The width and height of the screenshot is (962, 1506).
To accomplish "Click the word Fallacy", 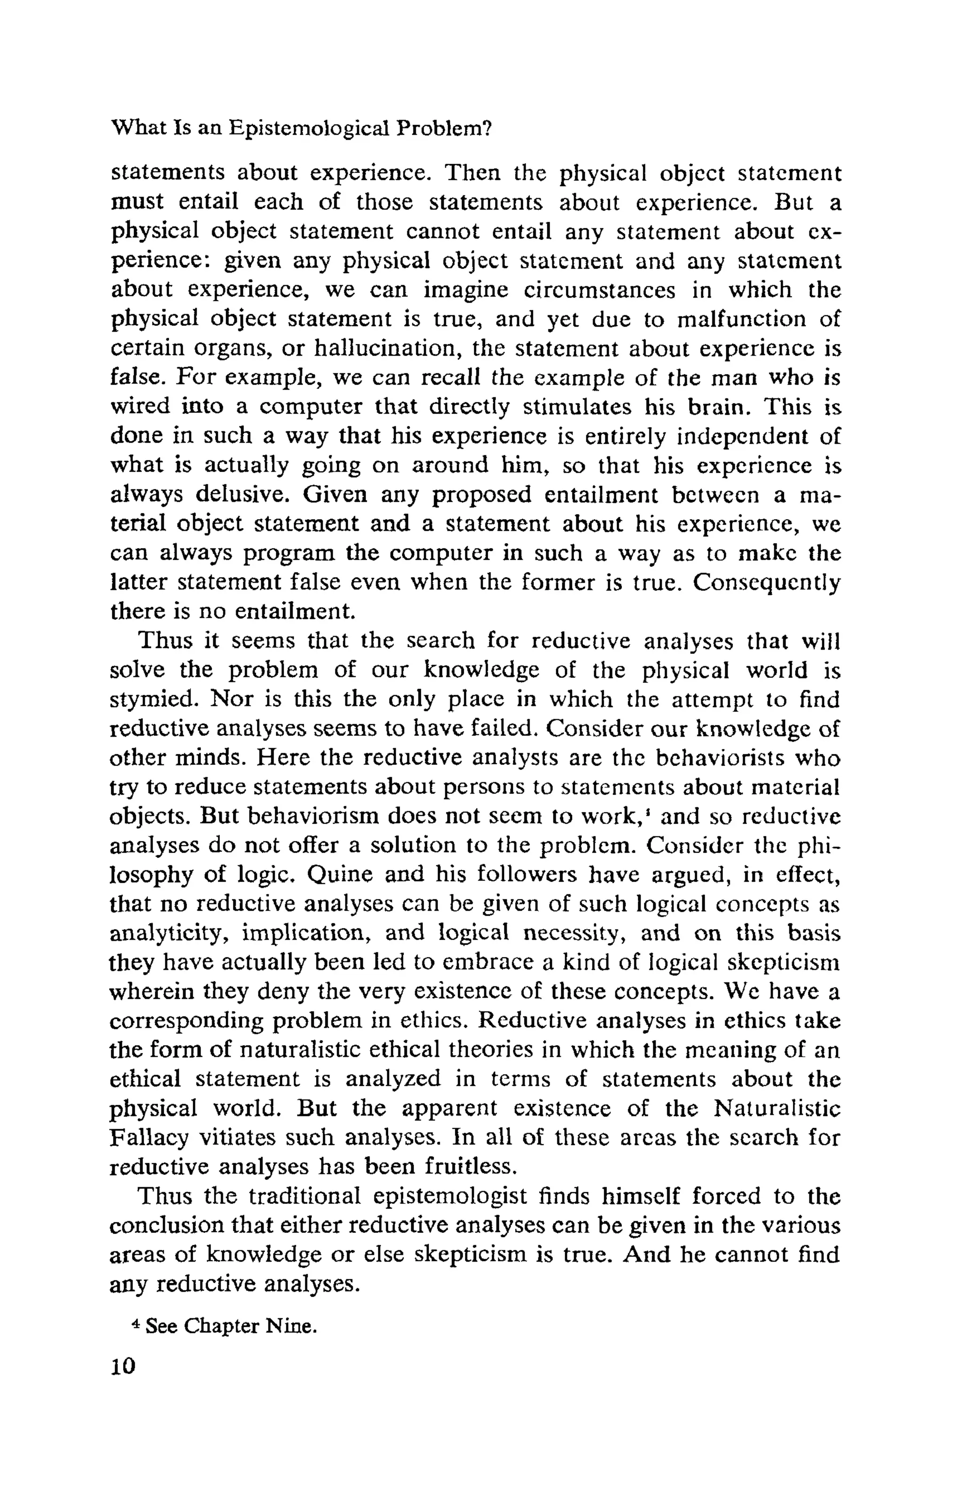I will coord(149,1137).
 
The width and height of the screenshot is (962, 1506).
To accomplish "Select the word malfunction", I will coord(742,319).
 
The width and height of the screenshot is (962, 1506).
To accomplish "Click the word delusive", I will coord(242,495).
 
